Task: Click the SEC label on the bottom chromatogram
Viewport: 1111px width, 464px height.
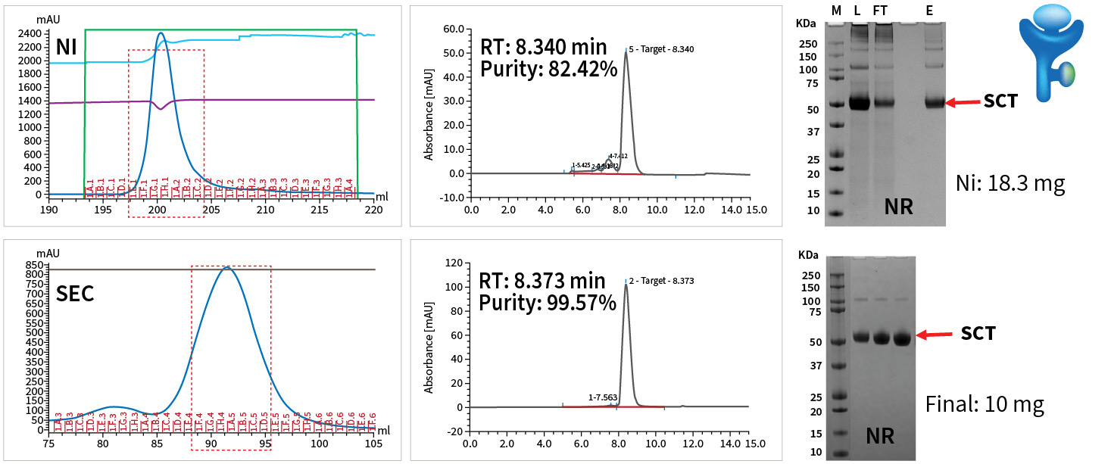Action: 75,293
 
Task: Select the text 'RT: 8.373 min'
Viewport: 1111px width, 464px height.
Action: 542,281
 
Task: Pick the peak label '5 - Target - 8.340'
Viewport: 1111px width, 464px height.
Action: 661,49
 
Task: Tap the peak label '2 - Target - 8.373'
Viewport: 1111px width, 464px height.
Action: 661,281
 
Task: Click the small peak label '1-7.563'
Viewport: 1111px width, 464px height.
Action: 603,397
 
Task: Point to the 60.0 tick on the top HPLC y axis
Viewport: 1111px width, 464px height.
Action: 454,29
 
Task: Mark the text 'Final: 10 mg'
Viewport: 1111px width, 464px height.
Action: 985,403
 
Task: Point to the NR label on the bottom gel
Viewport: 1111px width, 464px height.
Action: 881,436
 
